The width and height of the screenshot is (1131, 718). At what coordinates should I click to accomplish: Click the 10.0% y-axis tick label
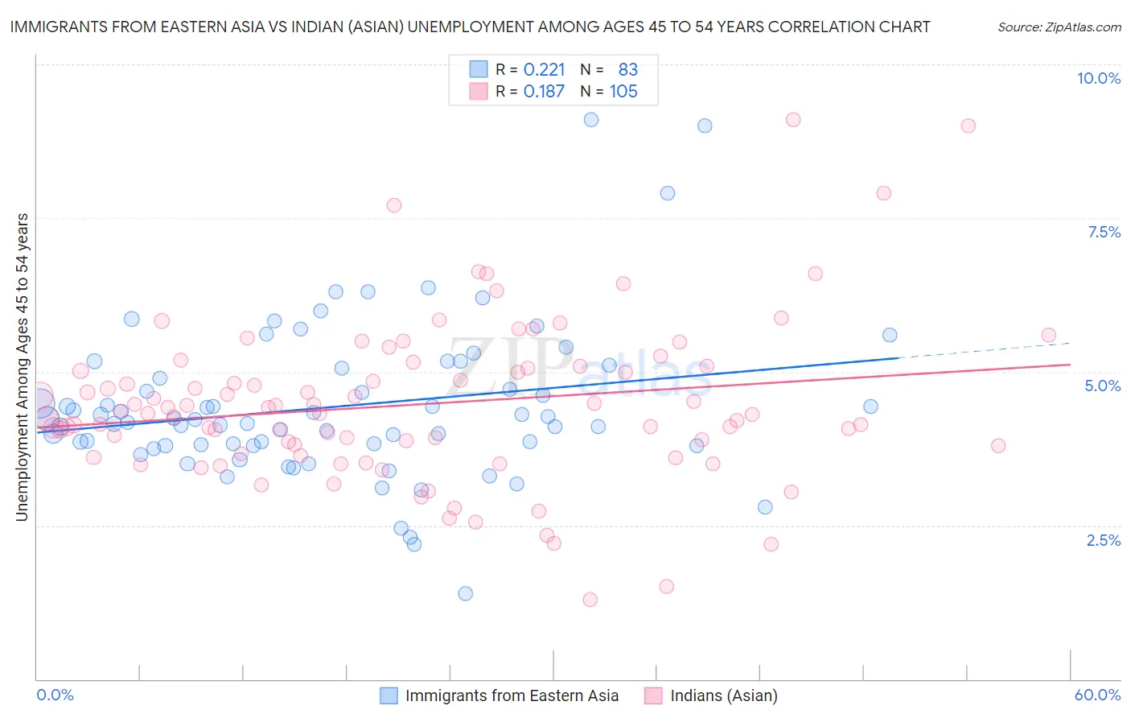(x=1098, y=78)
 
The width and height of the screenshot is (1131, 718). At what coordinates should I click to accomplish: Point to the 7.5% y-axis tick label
(x=1104, y=232)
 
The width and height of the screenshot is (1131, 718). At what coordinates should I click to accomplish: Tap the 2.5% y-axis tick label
(x=1104, y=540)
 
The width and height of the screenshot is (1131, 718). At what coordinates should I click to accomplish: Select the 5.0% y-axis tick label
(x=1102, y=386)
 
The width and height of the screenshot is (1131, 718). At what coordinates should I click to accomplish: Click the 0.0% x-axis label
(x=55, y=695)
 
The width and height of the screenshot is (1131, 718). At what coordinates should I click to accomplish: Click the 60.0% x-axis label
(x=1097, y=695)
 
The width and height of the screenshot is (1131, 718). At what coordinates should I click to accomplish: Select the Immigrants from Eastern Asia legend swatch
(x=389, y=695)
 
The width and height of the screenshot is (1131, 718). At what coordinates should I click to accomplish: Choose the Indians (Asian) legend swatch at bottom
(x=653, y=695)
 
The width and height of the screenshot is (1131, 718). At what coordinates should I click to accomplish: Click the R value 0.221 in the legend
(x=544, y=69)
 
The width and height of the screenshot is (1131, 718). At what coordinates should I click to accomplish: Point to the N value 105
(x=623, y=92)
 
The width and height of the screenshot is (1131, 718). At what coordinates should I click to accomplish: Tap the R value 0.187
(x=544, y=92)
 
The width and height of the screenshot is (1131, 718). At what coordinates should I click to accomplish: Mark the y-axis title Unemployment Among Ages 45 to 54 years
(x=23, y=367)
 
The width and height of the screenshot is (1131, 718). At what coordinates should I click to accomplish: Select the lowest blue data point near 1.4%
(x=465, y=593)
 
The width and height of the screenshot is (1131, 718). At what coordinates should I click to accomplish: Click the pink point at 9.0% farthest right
(x=968, y=126)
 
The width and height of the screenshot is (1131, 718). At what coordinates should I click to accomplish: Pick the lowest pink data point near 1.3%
(x=590, y=600)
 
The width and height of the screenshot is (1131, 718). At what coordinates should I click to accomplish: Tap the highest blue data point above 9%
(x=591, y=119)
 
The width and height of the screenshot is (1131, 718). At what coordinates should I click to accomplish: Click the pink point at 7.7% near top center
(x=393, y=205)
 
